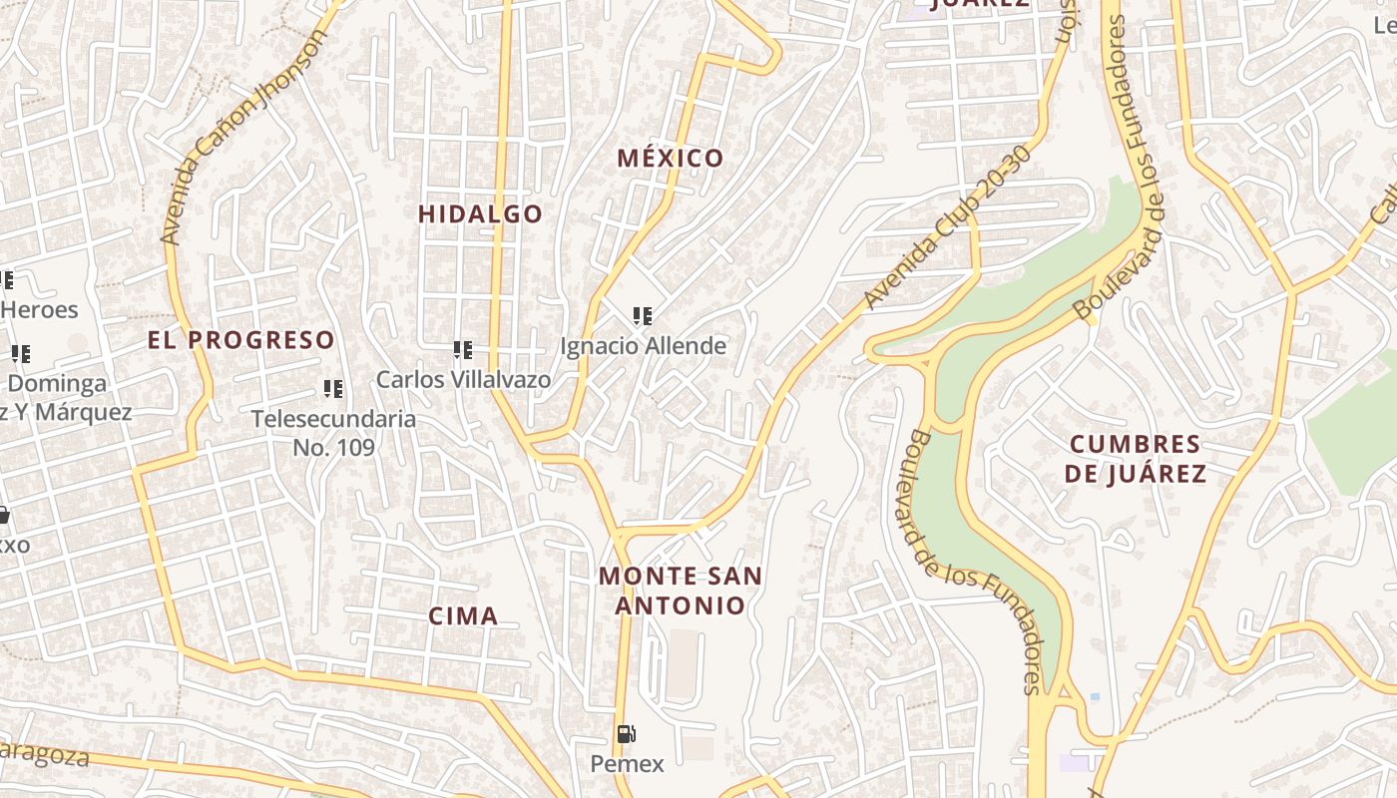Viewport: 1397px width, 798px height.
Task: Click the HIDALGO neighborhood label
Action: [x=480, y=213]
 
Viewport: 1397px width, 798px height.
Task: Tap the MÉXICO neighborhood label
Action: [x=670, y=158]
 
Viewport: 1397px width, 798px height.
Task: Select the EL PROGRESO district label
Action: [x=241, y=339]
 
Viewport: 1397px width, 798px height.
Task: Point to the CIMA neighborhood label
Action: [x=463, y=615]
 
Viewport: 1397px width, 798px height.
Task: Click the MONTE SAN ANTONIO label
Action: [x=681, y=591]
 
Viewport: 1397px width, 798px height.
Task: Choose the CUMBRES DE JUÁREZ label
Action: [x=1135, y=458]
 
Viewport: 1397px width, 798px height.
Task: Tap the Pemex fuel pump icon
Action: [x=626, y=735]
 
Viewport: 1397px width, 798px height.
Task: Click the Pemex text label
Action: [x=627, y=764]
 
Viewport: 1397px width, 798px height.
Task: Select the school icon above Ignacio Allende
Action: [x=642, y=316]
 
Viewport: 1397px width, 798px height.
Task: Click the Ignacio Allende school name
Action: [x=643, y=346]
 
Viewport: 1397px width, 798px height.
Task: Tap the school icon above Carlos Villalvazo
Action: [x=462, y=349]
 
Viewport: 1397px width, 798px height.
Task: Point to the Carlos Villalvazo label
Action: [x=463, y=379]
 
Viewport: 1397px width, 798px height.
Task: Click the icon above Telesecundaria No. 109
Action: [x=332, y=388]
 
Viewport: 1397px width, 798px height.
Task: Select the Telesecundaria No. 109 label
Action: [x=333, y=432]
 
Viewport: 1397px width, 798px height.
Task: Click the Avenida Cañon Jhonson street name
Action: [x=243, y=137]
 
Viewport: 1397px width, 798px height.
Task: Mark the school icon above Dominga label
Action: [x=20, y=353]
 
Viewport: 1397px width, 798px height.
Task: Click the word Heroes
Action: [x=39, y=309]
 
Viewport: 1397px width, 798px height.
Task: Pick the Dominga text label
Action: [x=57, y=383]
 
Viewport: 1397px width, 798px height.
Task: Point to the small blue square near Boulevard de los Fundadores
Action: [x=1095, y=696]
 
